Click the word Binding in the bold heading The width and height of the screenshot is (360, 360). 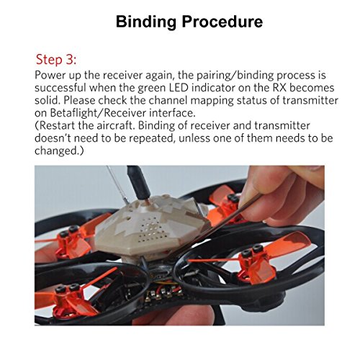(x=146, y=22)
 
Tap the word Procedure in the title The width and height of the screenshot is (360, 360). (x=222, y=22)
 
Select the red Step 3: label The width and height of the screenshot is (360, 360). (x=56, y=59)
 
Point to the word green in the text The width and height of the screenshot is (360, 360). (x=151, y=88)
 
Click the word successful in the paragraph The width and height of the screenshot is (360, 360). (x=60, y=88)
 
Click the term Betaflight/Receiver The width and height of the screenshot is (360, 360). (x=98, y=113)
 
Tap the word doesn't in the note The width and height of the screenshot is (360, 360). (x=53, y=138)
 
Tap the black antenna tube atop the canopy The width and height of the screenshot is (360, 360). (x=139, y=182)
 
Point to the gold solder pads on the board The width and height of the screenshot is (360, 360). (x=163, y=293)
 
